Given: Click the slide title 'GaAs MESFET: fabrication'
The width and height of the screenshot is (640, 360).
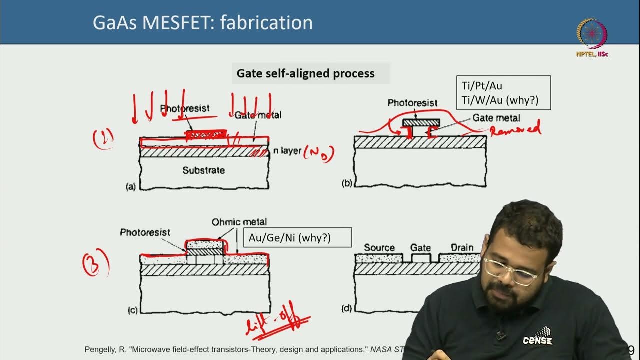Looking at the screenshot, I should coord(202,23).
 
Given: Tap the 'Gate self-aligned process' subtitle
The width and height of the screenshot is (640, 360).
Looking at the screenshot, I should coord(305,74).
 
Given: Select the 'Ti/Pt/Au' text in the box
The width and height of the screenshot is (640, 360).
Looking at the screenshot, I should coord(482,86).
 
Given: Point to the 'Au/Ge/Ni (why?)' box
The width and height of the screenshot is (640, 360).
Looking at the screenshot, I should coord(297,238).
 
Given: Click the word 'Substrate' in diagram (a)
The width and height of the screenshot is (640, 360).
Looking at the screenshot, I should coord(203,170).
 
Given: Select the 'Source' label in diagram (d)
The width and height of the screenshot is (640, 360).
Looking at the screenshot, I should coord(379,247).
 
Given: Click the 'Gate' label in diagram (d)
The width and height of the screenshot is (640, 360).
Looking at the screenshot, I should coord(420,247).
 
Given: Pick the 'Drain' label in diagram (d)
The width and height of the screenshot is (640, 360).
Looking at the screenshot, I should coord(462,247).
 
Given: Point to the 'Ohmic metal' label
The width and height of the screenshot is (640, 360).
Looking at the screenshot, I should coord(239,222).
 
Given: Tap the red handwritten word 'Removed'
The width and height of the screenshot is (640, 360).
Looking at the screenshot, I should coord(516,130).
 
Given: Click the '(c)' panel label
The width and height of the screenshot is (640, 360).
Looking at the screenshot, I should coord(132,310).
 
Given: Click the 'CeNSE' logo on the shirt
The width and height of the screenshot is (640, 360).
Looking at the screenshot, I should coord(537,338).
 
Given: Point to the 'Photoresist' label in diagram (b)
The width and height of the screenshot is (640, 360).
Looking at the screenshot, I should coord(412,103).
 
